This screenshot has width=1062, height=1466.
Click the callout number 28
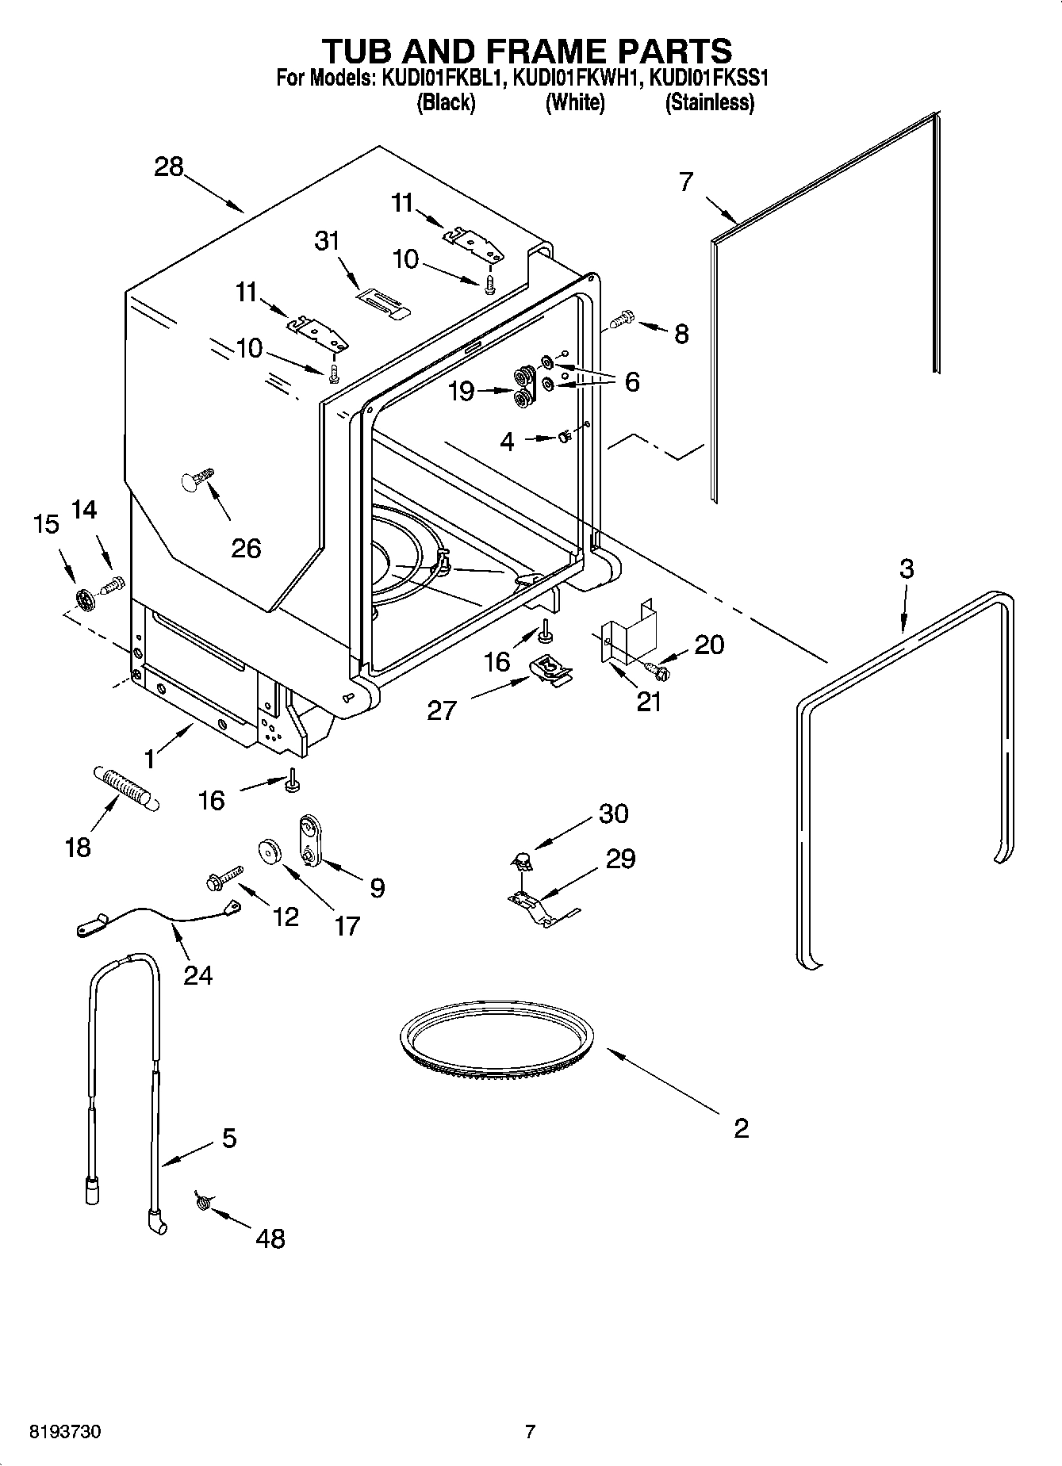coord(169,167)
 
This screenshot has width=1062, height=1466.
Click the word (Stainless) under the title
coord(709,102)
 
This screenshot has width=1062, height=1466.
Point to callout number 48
coord(270,1238)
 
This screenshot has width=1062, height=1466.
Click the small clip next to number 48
coord(202,1203)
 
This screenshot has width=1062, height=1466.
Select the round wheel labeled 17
coord(270,852)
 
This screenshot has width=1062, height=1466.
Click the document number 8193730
coord(66,1432)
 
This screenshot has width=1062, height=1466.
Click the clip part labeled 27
coord(550,668)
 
